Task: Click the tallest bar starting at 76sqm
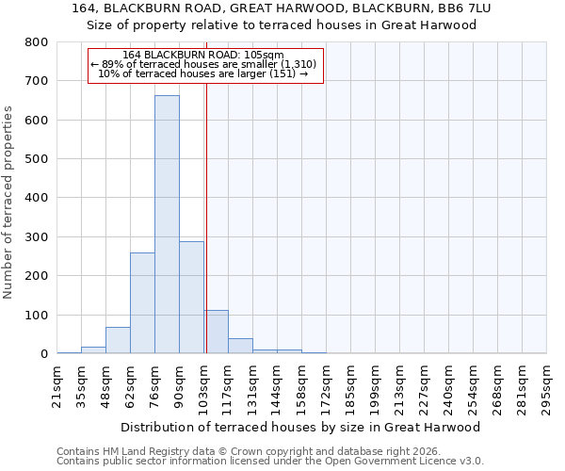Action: [x=167, y=224]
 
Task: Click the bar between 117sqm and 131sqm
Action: [x=240, y=346]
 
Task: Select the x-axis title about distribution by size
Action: [x=301, y=427]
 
